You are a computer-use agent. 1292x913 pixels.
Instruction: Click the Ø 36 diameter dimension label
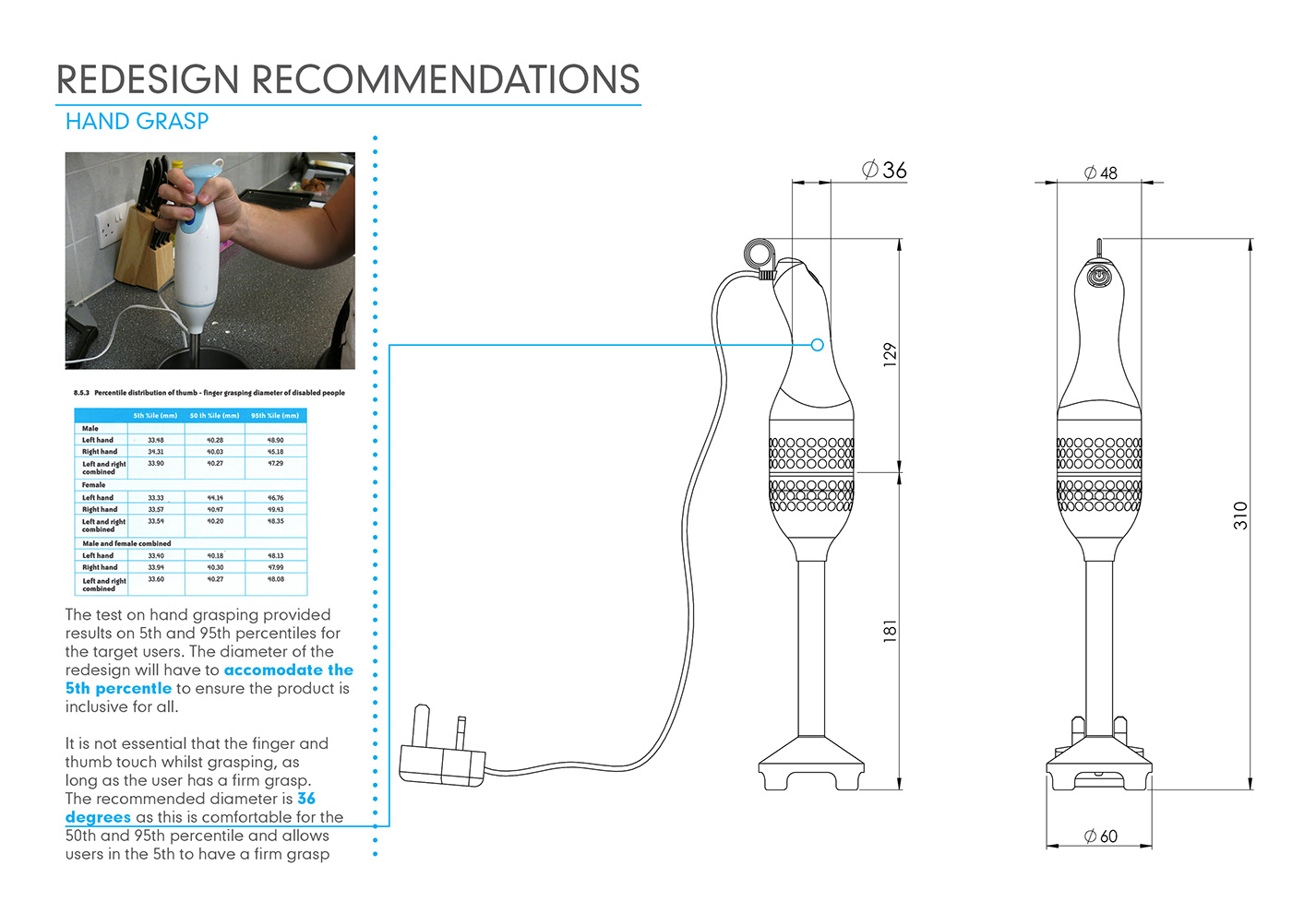pos(884,170)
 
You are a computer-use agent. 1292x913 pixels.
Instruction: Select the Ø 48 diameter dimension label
pos(1100,172)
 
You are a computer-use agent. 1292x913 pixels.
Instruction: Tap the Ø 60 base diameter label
pos(1100,836)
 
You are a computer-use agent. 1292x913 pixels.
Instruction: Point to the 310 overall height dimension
pos(1240,515)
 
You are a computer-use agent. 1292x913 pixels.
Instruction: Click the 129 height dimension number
pos(890,355)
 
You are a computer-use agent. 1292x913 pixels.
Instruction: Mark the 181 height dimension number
pos(890,631)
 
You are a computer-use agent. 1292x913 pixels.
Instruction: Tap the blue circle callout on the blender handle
pos(817,344)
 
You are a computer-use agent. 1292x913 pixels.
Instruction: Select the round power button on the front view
pos(1098,276)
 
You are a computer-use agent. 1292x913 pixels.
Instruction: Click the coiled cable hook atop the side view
pos(760,254)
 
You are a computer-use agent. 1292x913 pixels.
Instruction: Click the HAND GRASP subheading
pos(137,121)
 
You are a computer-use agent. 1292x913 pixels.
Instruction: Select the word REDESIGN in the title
pos(148,79)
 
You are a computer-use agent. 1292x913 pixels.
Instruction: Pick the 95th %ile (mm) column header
pos(275,416)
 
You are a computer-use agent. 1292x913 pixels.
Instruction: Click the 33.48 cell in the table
pos(155,440)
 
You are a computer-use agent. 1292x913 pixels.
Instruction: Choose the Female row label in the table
pos(93,485)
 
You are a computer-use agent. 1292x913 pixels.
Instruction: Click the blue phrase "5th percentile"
pos(118,688)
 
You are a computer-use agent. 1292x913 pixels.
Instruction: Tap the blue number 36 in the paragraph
pos(306,799)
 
